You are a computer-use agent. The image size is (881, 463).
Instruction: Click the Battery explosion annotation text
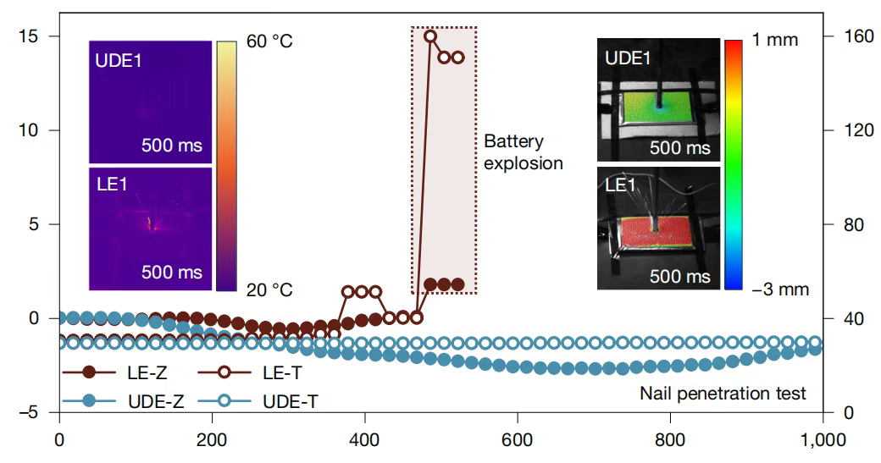click(x=523, y=152)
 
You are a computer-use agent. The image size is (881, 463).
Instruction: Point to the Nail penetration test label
click(x=723, y=393)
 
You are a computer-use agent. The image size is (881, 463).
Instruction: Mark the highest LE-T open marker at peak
click(x=430, y=36)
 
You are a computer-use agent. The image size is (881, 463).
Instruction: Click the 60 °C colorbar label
click(x=269, y=41)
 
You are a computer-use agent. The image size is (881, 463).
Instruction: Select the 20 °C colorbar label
click(x=269, y=289)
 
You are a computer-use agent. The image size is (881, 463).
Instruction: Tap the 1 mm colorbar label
click(x=775, y=40)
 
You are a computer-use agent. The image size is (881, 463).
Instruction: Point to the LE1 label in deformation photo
click(x=621, y=184)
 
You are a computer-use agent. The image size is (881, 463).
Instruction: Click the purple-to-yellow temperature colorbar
click(x=225, y=165)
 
